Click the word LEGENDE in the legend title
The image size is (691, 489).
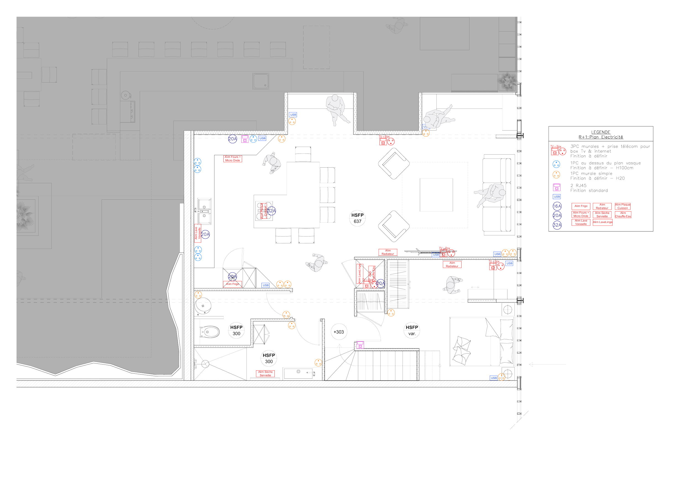(x=601, y=132)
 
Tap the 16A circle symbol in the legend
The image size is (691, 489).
(x=557, y=206)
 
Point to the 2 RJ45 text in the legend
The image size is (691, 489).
(x=578, y=186)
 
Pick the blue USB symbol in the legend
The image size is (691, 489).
(x=557, y=197)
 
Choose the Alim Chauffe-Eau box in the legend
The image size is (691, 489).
(x=623, y=214)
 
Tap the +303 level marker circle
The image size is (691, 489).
(x=339, y=332)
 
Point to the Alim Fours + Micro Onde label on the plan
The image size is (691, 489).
(x=232, y=159)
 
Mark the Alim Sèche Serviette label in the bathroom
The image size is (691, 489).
(x=265, y=374)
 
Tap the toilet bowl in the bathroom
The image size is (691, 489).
(x=209, y=332)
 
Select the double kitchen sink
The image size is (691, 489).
(x=204, y=210)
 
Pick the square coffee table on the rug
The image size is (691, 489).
(x=436, y=195)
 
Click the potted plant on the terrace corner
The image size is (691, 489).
(x=508, y=80)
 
